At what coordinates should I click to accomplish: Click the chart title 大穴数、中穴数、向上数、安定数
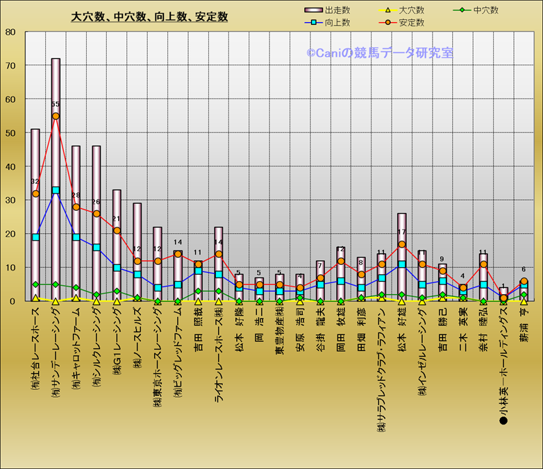(x=149, y=17)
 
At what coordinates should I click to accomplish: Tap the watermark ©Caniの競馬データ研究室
(x=380, y=53)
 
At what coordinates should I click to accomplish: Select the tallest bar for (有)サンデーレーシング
(x=56, y=173)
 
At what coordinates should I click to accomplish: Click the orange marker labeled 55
(x=56, y=116)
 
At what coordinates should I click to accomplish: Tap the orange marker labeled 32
(x=35, y=194)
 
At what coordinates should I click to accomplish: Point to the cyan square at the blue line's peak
(x=56, y=190)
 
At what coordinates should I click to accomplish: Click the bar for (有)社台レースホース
(x=35, y=215)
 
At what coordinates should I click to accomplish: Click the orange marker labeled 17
(x=402, y=244)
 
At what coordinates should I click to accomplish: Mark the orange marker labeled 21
(x=117, y=230)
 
